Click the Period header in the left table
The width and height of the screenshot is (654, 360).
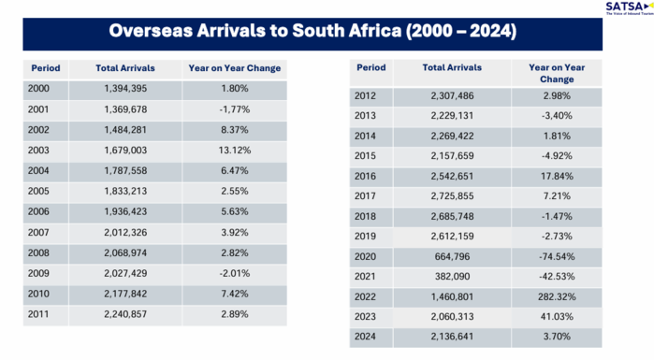pos(44,67)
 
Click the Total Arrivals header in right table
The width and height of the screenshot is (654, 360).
pos(452,67)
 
